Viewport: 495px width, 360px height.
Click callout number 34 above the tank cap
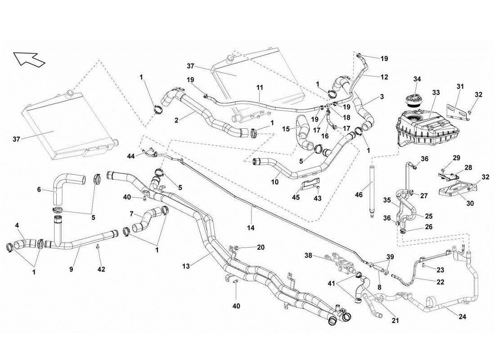point(417,80)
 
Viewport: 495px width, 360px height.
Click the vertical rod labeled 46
point(372,191)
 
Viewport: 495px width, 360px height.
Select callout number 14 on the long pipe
point(251,228)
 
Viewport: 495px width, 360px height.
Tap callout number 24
point(462,316)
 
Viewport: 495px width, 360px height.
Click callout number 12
point(384,77)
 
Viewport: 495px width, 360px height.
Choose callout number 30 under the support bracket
point(470,203)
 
